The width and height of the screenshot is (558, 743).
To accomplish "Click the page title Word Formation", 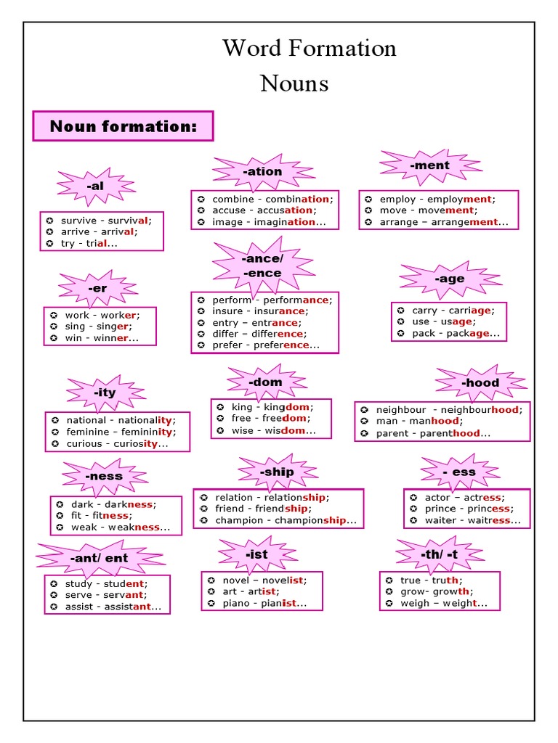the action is pos(310,49).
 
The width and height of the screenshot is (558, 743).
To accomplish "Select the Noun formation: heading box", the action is pos(123,126).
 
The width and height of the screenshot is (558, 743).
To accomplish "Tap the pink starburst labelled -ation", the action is pos(263,172).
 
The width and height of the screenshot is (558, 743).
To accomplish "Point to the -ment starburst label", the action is pos(430,165).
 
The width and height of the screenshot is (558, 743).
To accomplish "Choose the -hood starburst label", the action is pos(480,382).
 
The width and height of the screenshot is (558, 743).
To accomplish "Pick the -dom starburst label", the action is pos(265,382).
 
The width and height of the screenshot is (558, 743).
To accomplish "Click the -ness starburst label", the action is pos(104,476).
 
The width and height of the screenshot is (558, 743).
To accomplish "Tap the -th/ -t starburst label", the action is pos(439,554).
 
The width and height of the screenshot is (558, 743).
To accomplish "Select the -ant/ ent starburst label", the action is pos(100,558).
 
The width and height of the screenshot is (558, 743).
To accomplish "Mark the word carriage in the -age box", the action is pos(471,310).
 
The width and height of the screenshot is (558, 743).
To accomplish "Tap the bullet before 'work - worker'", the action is pos(53,315).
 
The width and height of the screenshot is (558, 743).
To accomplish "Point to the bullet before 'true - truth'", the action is pos(389,580).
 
